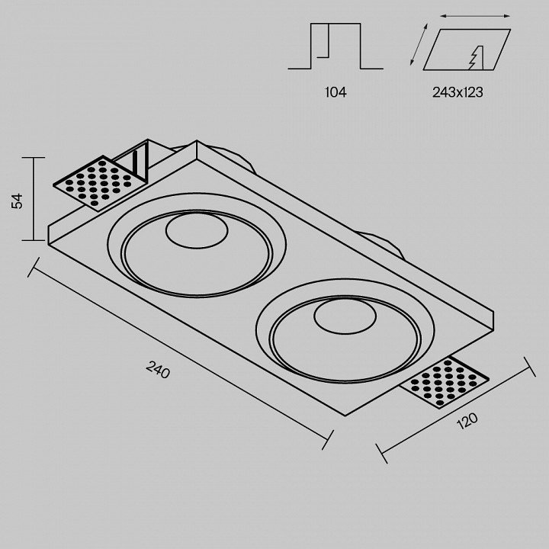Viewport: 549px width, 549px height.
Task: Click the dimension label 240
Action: tap(158, 370)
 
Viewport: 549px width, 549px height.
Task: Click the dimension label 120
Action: tap(467, 421)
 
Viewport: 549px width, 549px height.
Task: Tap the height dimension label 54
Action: tap(17, 201)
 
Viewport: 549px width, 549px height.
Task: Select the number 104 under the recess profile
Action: tap(335, 92)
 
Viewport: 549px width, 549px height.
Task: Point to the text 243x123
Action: tap(457, 92)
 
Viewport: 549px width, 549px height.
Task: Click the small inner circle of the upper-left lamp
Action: tap(197, 230)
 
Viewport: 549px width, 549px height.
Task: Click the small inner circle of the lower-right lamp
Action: tap(345, 316)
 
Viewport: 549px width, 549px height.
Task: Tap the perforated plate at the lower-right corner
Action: tap(445, 382)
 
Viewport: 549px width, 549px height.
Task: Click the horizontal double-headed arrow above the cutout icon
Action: tap(475, 16)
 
